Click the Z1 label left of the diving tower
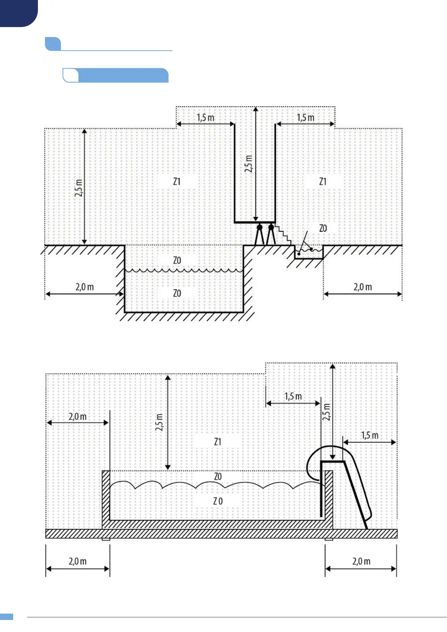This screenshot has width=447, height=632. pos(177,182)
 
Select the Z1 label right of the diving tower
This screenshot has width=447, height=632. pos(323,182)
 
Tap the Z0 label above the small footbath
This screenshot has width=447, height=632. pos(323,228)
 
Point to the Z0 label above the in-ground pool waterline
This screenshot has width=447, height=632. pos(177,260)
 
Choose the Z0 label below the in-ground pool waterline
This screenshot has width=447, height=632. pos(177,293)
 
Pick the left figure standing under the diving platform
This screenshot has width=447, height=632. pos(259,235)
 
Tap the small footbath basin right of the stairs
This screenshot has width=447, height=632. pos(309,253)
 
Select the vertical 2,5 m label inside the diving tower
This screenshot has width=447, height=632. pos(248,164)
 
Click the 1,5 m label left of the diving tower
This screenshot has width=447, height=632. pos(205,117)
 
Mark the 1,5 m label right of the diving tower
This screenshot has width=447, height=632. pos(306,117)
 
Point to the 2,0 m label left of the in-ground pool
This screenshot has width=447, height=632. pos(84,287)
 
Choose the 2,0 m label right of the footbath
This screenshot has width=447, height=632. pos(363,287)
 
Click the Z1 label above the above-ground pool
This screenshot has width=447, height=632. pos(218,442)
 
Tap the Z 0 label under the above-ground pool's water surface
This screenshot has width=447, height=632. pos(218,501)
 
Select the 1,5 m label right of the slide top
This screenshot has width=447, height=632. pos(370,435)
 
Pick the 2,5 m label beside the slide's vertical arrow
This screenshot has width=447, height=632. pos(327,412)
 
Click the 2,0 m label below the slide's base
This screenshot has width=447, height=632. pos(361,561)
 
